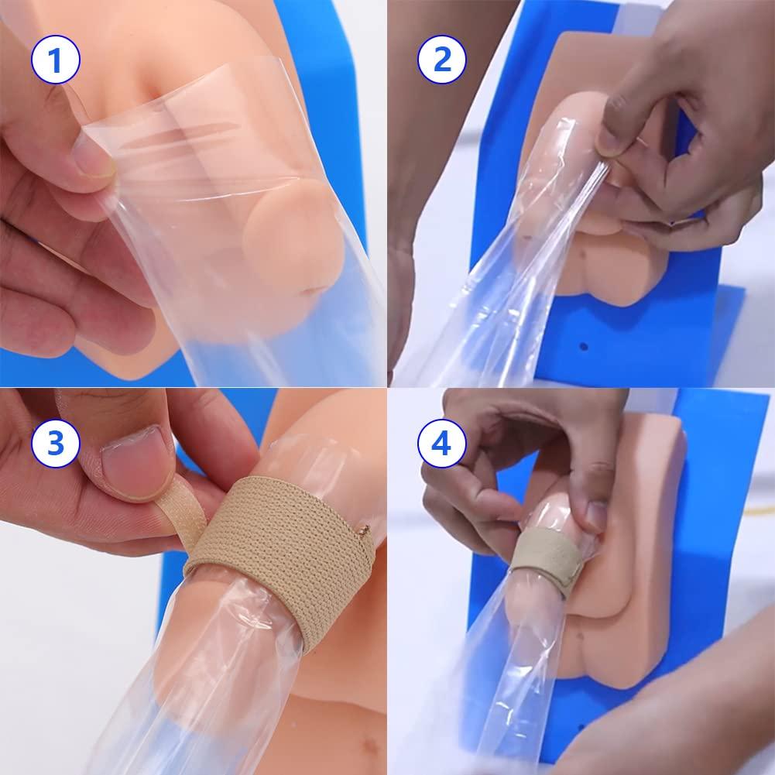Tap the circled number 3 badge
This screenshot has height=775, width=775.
point(56,444)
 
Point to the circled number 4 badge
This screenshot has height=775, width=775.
point(442,444)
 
